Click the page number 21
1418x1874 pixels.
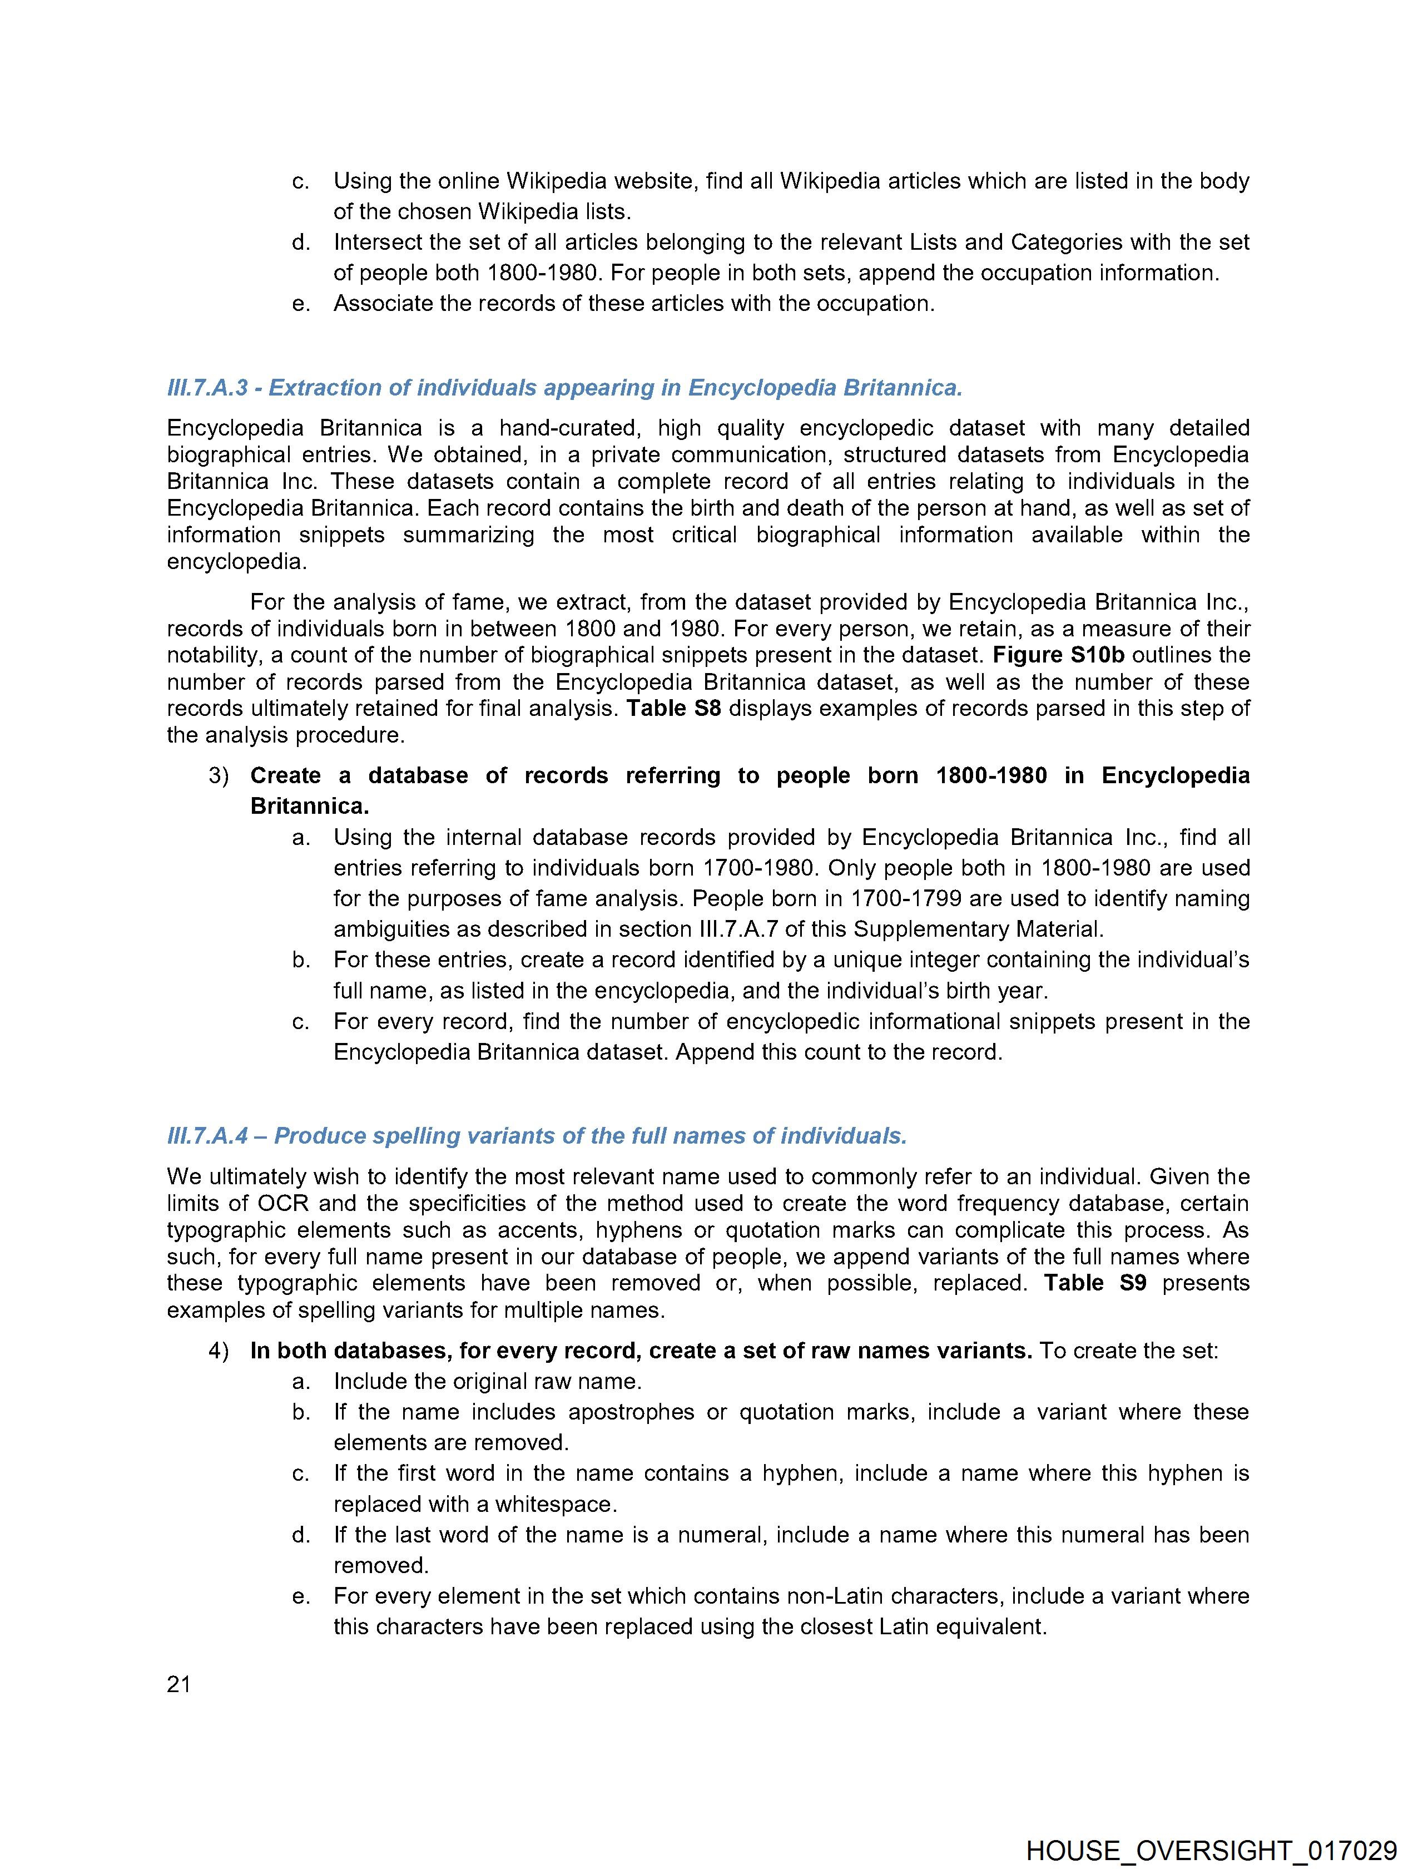click(x=179, y=1684)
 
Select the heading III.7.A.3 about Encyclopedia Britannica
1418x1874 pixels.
click(x=564, y=388)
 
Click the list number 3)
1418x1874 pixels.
click(x=219, y=776)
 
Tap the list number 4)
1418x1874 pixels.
click(x=219, y=1351)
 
